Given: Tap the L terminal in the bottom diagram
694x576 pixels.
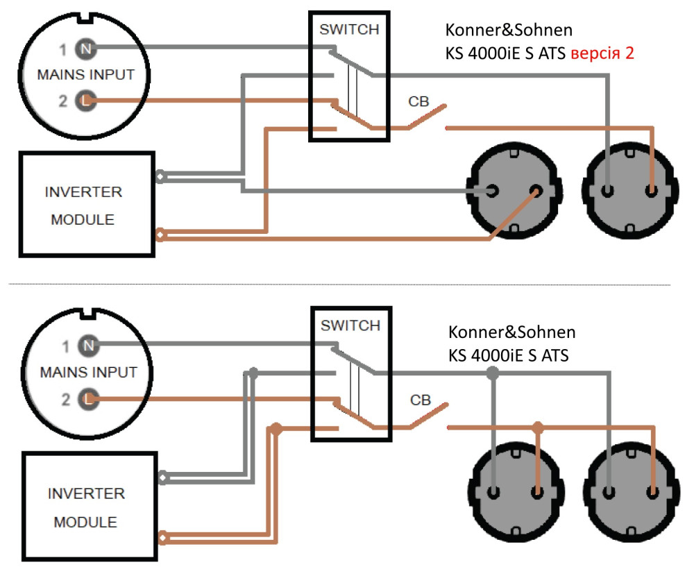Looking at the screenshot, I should (x=88, y=398).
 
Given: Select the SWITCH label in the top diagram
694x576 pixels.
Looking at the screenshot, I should (x=349, y=30).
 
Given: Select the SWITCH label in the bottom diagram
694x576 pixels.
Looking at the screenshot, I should (x=350, y=325).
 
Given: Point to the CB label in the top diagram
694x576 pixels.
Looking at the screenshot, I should (x=418, y=102).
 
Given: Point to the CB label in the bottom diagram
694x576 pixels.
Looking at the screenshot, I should (x=421, y=400).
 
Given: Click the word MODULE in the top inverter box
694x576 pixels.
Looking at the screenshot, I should (x=83, y=219).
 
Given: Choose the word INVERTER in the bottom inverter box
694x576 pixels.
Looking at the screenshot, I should (x=86, y=494).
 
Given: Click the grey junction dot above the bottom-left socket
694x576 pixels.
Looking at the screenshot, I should (x=493, y=374).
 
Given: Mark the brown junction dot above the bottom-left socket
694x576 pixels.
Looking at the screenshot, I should (x=537, y=427).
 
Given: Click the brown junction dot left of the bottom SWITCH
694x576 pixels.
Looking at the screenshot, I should (x=276, y=428).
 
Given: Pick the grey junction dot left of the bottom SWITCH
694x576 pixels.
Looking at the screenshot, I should (x=253, y=373).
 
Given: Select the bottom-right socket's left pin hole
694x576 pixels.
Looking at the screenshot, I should (x=609, y=493).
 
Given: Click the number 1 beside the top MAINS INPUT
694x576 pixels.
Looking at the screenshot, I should (x=62, y=50).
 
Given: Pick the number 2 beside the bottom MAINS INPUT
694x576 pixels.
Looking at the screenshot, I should (x=65, y=399).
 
